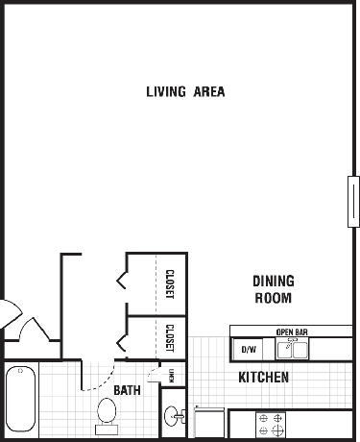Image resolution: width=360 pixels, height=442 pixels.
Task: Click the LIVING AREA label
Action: (185, 91)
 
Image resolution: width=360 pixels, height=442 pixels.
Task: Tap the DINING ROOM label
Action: (274, 289)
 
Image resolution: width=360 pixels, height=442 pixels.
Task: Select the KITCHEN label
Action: (264, 377)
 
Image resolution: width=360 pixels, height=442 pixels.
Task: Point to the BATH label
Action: (127, 390)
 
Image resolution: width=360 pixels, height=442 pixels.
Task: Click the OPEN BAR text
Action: (292, 332)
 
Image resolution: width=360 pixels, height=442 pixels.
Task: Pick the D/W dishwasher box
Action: (249, 349)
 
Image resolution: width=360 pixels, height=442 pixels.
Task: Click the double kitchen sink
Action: (292, 350)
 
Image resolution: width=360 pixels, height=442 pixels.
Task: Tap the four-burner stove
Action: (271, 425)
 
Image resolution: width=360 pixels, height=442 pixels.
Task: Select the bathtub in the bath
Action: (21, 399)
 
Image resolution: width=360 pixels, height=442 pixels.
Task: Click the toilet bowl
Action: (107, 411)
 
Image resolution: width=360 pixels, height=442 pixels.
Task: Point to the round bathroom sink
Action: (171, 416)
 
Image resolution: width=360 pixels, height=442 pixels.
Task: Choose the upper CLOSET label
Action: (170, 284)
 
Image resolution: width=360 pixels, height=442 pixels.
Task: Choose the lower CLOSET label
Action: (170, 338)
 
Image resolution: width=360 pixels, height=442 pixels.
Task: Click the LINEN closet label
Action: (172, 376)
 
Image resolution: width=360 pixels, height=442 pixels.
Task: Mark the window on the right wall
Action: (353, 202)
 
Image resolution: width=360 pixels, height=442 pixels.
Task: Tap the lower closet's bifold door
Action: (122, 343)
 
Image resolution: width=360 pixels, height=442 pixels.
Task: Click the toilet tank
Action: (107, 430)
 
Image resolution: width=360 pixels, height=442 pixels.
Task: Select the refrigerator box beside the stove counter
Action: (209, 423)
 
